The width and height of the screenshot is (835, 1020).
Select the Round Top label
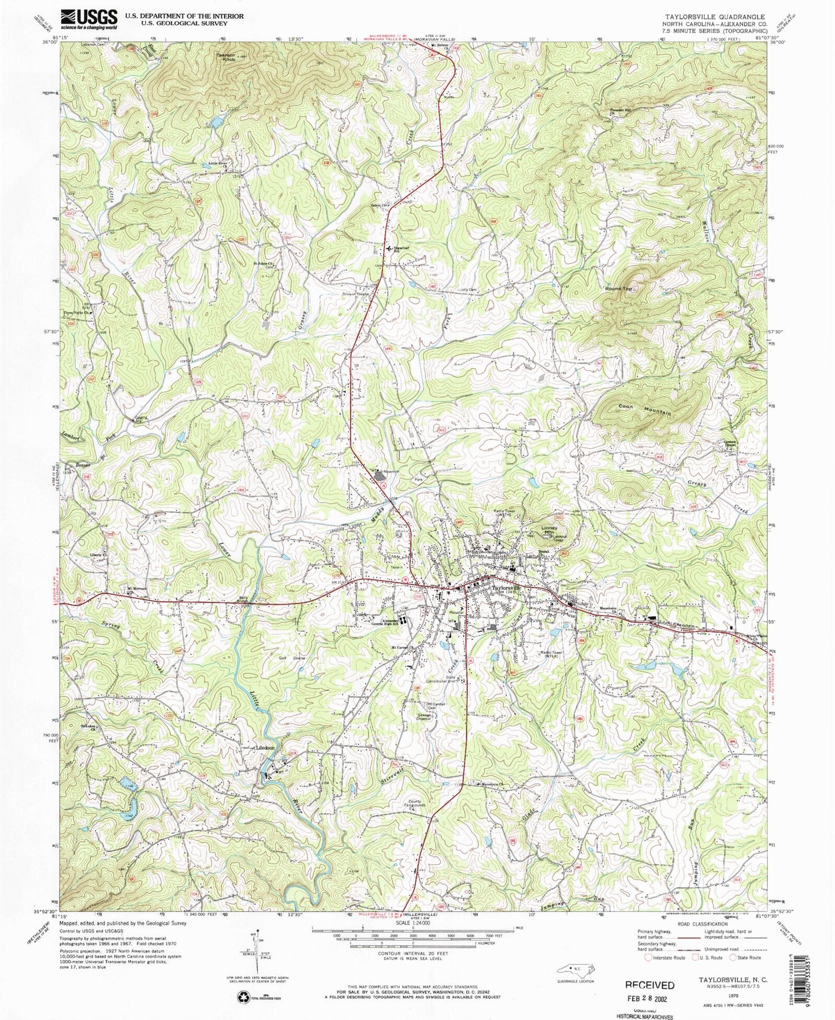(x=618, y=288)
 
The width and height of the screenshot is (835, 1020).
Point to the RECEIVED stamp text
(x=650, y=985)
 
